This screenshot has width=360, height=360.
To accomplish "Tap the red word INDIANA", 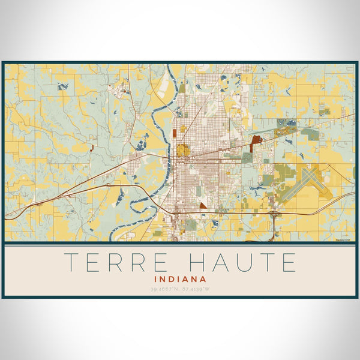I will pyautogui.click(x=180, y=279).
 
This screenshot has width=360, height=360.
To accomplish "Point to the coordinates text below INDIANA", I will pyautogui.click(x=180, y=289).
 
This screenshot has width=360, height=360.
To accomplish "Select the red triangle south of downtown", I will pyautogui.click(x=203, y=205).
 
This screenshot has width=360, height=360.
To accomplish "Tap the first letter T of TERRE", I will pyautogui.click(x=71, y=262).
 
